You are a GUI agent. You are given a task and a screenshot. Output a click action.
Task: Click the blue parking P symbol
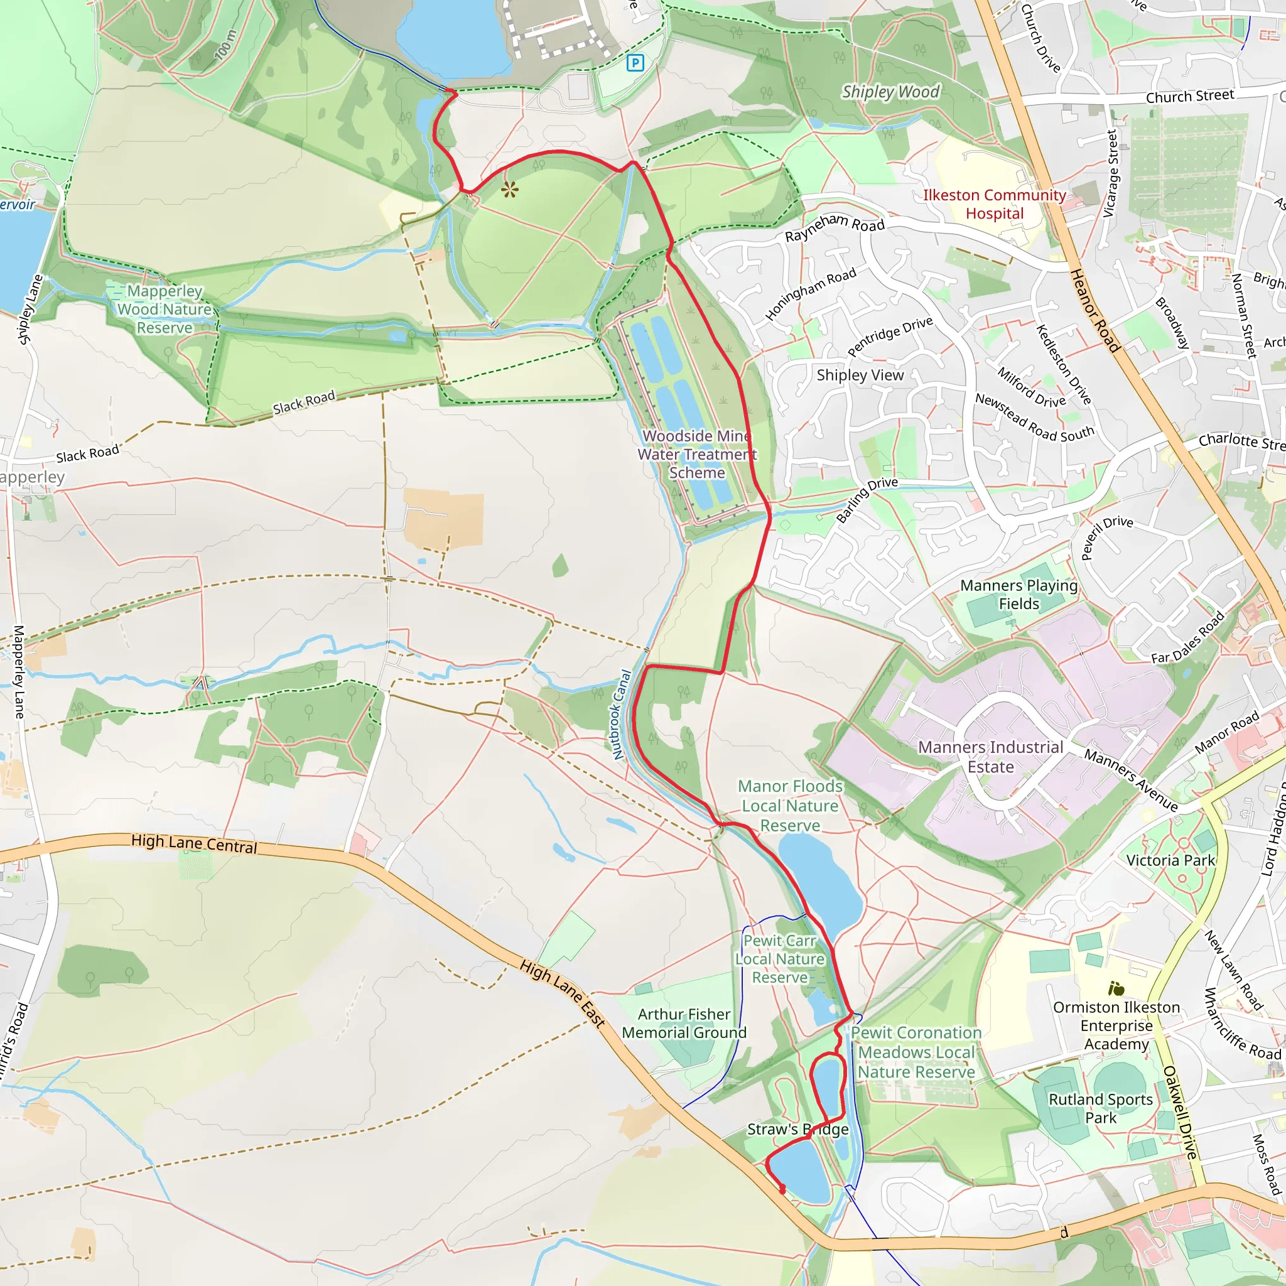pyautogui.click(x=635, y=63)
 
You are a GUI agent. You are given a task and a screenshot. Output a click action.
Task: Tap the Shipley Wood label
pyautogui.click(x=890, y=92)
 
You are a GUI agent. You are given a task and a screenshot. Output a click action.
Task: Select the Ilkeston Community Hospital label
pyautogui.click(x=995, y=204)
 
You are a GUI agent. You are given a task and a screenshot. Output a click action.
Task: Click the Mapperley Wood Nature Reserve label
pyautogui.click(x=165, y=310)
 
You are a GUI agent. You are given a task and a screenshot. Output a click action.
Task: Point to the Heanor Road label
pyautogui.click(x=1095, y=310)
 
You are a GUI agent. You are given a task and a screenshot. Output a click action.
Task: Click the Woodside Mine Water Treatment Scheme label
pyautogui.click(x=696, y=454)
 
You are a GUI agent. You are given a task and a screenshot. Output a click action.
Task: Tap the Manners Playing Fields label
pyautogui.click(x=1019, y=595)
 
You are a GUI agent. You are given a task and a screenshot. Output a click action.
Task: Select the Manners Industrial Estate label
pyautogui.click(x=990, y=757)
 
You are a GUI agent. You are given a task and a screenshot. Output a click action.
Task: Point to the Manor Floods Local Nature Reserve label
pyautogui.click(x=790, y=806)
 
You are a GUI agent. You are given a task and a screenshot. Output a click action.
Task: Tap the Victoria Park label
pyautogui.click(x=1170, y=861)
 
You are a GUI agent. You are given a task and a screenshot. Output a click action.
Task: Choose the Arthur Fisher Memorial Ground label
pyautogui.click(x=684, y=1023)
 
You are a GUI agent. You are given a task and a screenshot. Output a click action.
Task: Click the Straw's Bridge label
pyautogui.click(x=797, y=1129)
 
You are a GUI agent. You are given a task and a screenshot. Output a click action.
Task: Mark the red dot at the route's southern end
pyautogui.click(x=782, y=1189)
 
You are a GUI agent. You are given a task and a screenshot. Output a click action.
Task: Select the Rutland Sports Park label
pyautogui.click(x=1100, y=1108)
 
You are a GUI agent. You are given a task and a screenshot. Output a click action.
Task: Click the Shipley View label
pyautogui.click(x=860, y=376)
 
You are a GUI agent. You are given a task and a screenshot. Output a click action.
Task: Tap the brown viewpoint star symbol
pyautogui.click(x=510, y=190)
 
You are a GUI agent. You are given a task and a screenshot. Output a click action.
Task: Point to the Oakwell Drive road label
pyautogui.click(x=1179, y=1112)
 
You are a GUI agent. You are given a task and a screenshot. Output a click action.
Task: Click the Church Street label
pyautogui.click(x=1189, y=97)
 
